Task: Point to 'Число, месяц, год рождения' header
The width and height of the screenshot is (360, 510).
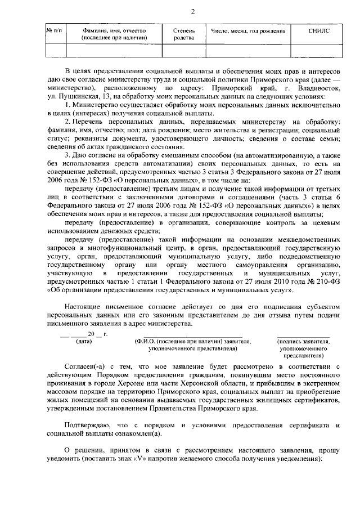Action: [x=248, y=31]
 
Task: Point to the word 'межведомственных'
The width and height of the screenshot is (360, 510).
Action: [x=300, y=239]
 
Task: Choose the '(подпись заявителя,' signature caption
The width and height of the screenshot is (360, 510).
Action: [x=304, y=341]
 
